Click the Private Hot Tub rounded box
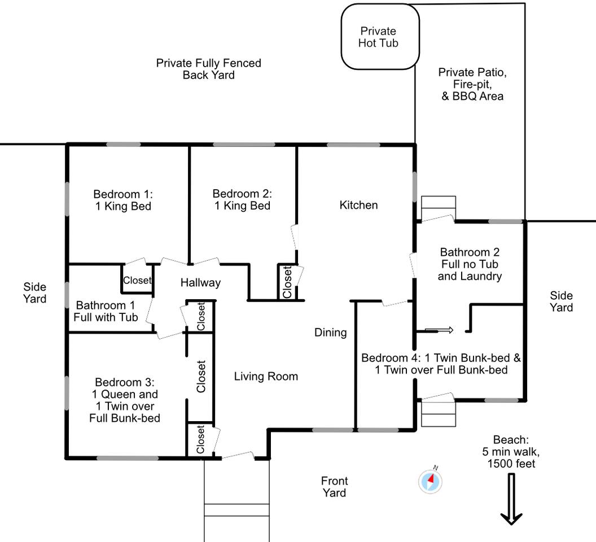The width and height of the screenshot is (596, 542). [x=380, y=37]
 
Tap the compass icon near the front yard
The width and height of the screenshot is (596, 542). [x=430, y=481]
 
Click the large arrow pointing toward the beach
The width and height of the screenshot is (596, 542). [x=511, y=499]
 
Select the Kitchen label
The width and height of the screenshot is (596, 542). [x=358, y=205]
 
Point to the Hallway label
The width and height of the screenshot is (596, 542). [x=200, y=283]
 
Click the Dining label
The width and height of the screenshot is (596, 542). [x=330, y=333]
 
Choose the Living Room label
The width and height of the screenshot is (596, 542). [x=266, y=377]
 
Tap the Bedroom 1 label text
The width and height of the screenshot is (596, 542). [x=123, y=200]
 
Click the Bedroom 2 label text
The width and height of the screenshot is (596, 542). [x=242, y=200]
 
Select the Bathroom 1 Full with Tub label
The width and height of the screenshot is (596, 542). [x=106, y=311]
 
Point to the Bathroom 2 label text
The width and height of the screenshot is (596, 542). [x=470, y=264]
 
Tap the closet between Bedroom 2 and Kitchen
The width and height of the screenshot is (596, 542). [x=287, y=282]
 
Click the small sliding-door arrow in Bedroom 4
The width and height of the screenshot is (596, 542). [x=439, y=330]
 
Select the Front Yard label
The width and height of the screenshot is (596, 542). [x=334, y=487]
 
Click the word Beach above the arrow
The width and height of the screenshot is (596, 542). [x=511, y=440]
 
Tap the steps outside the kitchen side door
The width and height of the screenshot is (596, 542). [x=439, y=208]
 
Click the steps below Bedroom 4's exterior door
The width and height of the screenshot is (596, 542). [x=439, y=413]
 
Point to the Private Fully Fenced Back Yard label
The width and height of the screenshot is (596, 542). [x=209, y=69]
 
